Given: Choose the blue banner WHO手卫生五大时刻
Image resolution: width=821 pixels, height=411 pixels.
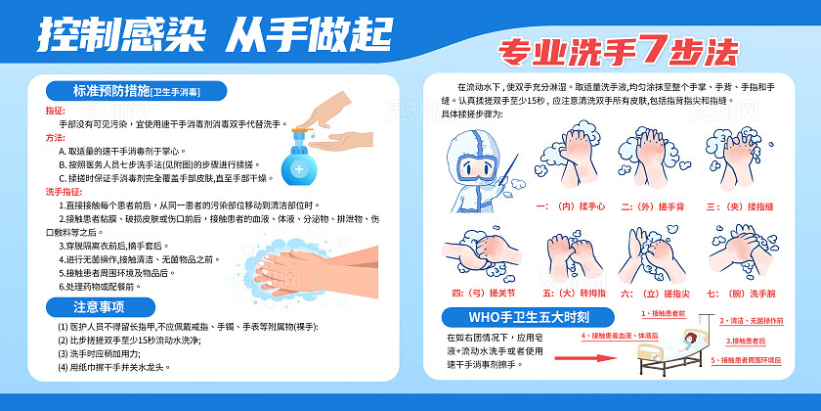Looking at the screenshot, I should coord(528,317).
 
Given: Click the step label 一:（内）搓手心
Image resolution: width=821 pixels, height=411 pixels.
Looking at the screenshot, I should coord(571,206).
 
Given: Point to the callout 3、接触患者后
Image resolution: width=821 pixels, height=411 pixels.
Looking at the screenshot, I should coord(746,341).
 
